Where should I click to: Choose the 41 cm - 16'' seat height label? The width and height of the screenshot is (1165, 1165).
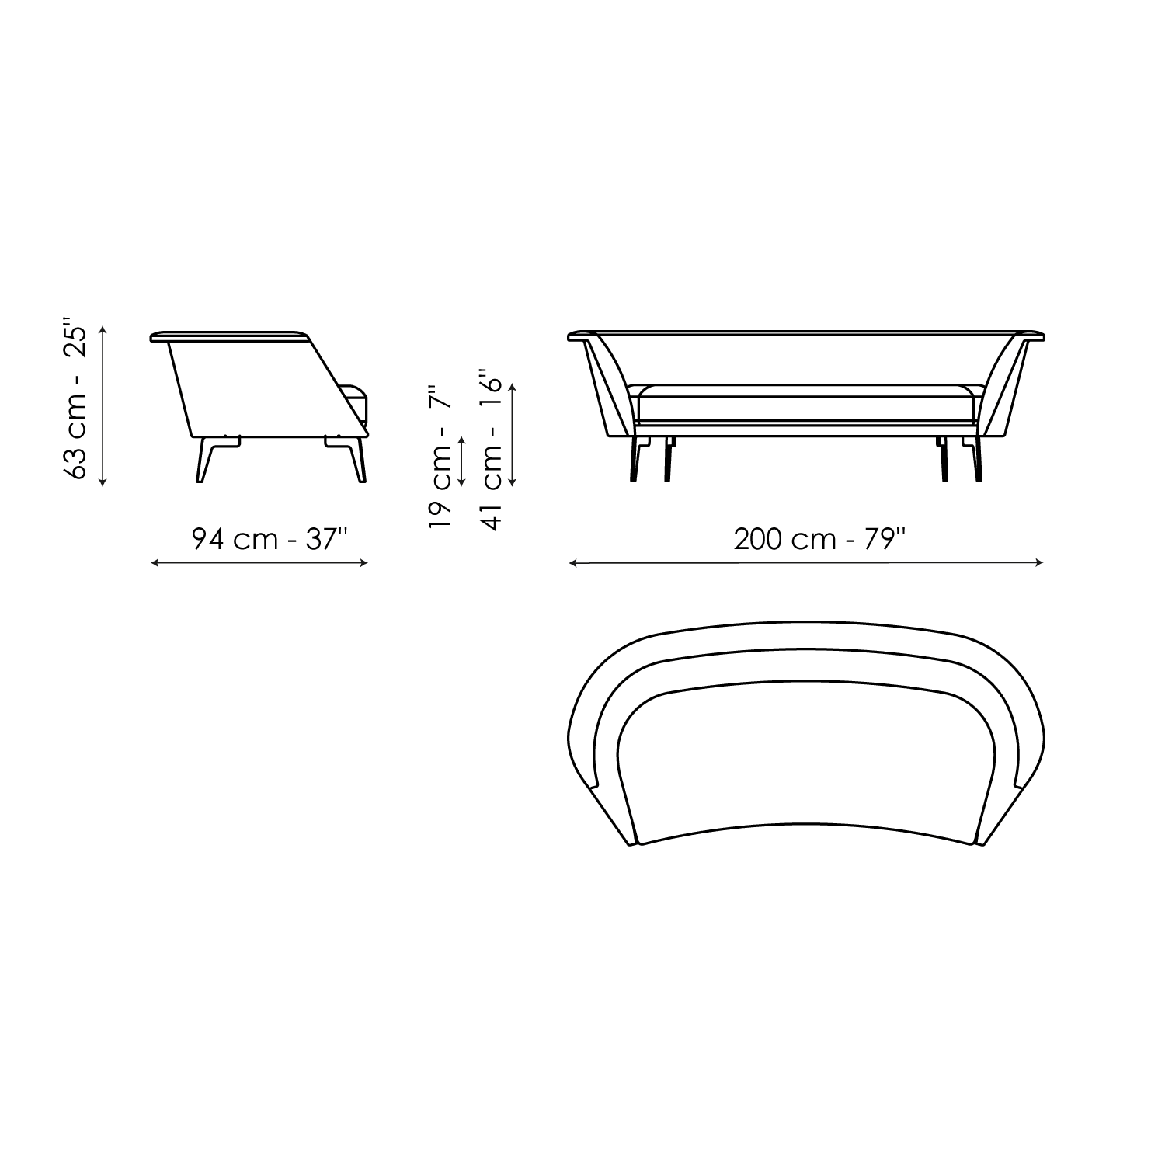click(494, 450)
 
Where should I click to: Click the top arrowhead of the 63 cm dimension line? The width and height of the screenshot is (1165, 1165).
click(103, 331)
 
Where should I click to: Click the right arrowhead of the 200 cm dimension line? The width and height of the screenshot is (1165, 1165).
click(1039, 563)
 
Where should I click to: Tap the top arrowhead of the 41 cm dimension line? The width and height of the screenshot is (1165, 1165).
click(513, 387)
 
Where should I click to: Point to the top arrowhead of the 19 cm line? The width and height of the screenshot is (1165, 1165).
click(462, 440)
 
